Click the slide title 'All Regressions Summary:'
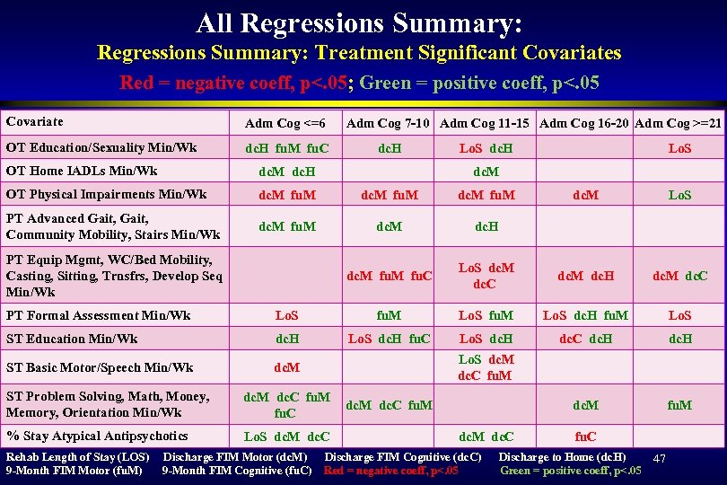coord(359,22)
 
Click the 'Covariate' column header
coord(34,121)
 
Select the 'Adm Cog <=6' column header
coord(285,123)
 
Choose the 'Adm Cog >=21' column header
coord(679,123)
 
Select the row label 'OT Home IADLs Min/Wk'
coord(82,171)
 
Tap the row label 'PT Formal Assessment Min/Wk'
coord(98,315)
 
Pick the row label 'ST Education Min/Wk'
coord(72,339)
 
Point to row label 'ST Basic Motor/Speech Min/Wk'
coord(100,367)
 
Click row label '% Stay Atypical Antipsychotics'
coord(97,436)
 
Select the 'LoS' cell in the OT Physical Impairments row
coord(679,194)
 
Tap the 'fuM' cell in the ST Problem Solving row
coord(679,405)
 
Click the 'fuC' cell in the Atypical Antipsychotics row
coord(585,436)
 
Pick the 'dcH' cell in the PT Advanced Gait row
coord(486,226)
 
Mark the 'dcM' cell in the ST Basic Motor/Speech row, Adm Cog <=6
coord(286,367)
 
